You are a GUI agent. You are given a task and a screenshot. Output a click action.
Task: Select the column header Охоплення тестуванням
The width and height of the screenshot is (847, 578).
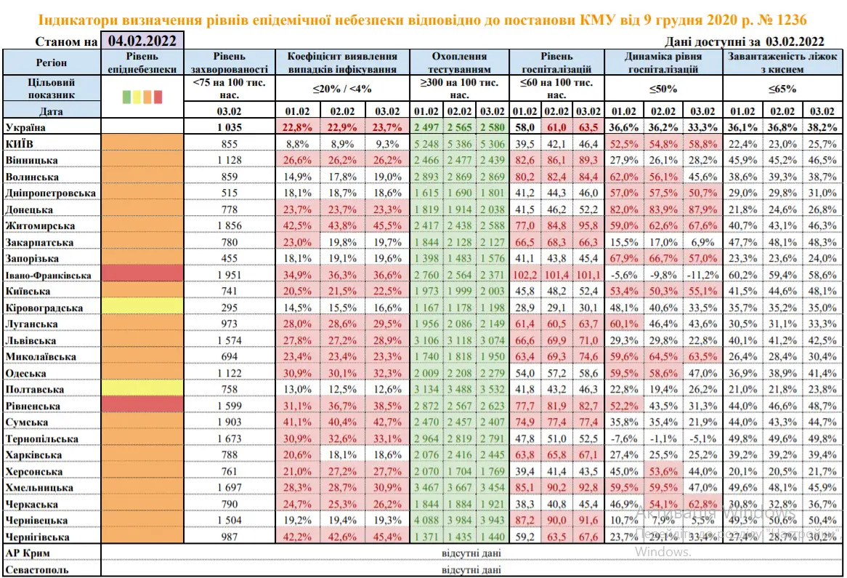tap(460, 63)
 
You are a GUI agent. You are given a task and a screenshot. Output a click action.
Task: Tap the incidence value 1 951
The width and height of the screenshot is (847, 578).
tap(230, 276)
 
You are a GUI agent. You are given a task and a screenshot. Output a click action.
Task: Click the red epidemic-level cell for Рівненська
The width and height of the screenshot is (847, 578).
tap(143, 406)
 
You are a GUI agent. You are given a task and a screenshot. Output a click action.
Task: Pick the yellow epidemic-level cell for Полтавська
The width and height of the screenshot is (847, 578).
tap(143, 390)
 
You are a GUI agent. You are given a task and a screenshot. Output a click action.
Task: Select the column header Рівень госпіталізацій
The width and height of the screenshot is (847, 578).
tap(556, 63)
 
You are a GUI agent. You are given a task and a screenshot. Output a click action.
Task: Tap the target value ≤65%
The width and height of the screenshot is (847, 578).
tap(785, 89)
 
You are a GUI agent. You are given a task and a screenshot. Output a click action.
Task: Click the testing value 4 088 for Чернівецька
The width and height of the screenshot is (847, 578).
tap(426, 521)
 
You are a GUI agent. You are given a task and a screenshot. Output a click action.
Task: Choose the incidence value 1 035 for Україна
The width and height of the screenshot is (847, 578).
tap(230, 127)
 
